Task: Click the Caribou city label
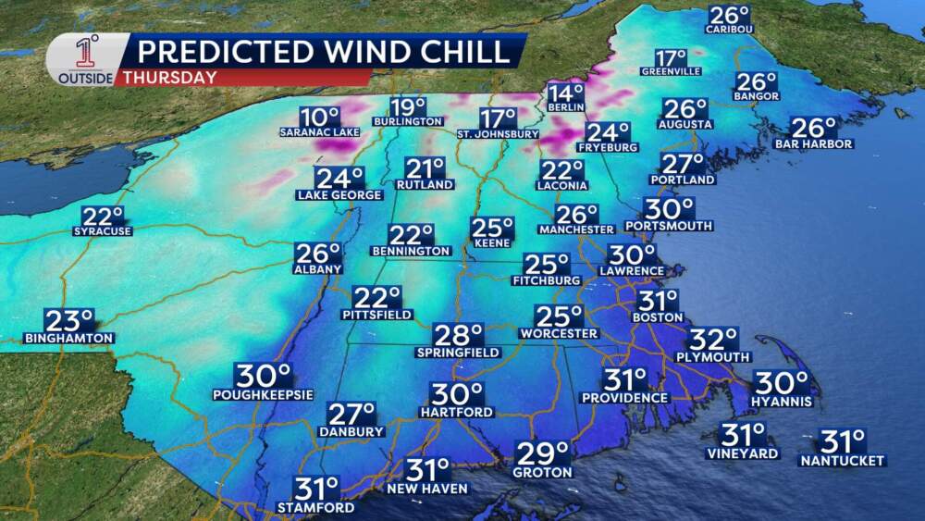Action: point(729,30)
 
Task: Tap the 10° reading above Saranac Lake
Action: point(319,118)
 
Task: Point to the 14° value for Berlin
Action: point(565,93)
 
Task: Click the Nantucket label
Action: point(842,460)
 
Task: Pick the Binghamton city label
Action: point(69,338)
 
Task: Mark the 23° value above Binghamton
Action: point(71,321)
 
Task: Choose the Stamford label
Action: point(315,508)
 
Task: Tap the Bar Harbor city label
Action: point(815,144)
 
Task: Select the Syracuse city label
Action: point(102,231)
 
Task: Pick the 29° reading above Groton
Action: point(542,454)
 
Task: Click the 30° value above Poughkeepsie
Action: point(264,376)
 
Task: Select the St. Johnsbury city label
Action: point(498,134)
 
